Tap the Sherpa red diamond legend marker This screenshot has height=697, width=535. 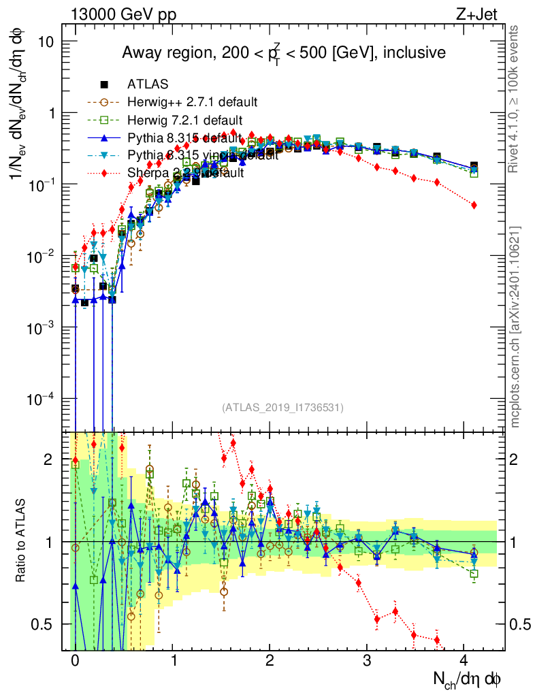(x=105, y=173)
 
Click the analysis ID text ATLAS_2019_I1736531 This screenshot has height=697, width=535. (x=282, y=408)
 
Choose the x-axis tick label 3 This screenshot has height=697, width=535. (x=367, y=660)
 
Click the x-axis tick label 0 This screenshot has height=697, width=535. (x=75, y=660)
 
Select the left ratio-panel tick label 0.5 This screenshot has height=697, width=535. (x=50, y=624)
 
